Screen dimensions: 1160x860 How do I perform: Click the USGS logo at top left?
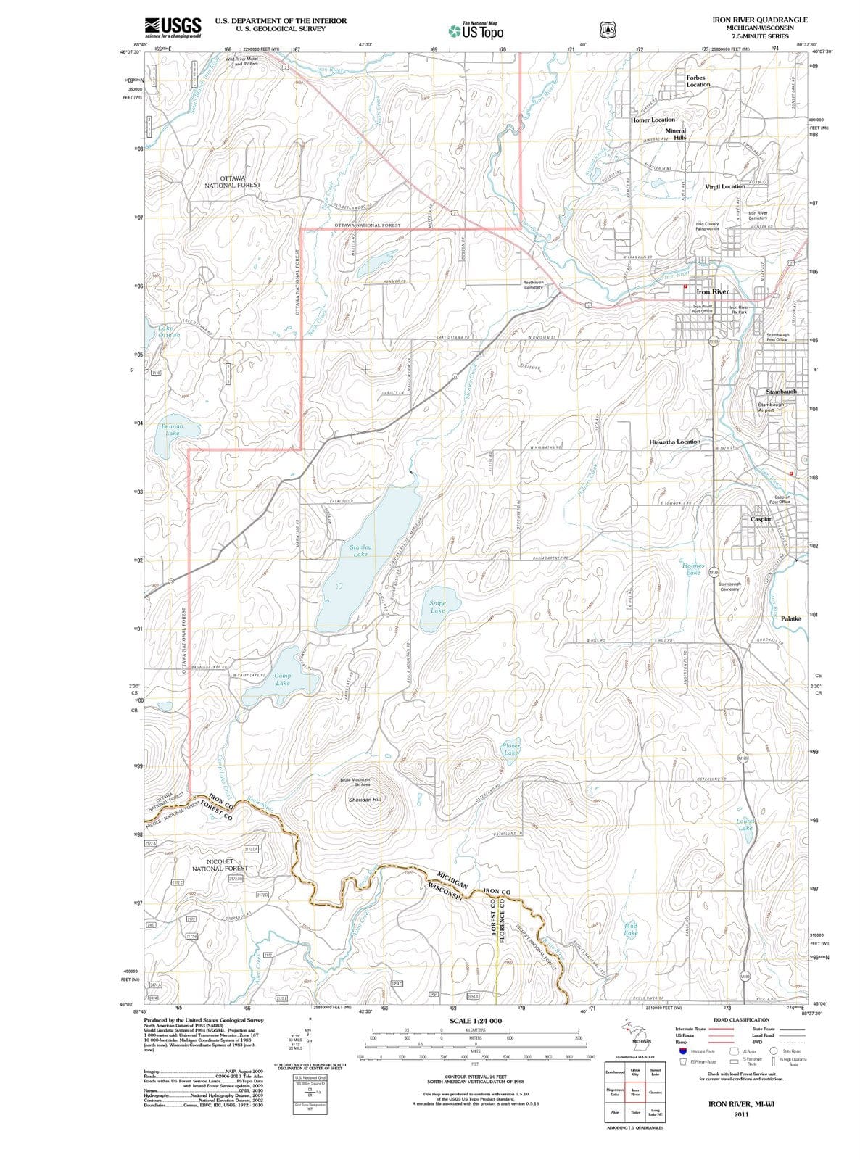click(x=173, y=28)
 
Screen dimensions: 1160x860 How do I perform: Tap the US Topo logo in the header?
click(x=475, y=31)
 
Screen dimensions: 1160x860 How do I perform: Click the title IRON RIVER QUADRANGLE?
click(x=759, y=20)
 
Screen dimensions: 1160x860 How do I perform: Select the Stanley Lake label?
click(x=360, y=550)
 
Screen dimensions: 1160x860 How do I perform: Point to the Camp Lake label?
click(x=283, y=679)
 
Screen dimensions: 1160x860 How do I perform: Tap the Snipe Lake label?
click(x=437, y=607)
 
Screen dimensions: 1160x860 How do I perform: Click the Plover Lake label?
click(x=511, y=749)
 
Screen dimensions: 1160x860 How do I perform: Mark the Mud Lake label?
click(x=631, y=929)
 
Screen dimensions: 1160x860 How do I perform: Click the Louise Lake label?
click(x=745, y=824)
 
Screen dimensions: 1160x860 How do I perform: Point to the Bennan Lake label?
click(x=173, y=430)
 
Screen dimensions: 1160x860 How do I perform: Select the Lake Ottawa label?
click(x=168, y=332)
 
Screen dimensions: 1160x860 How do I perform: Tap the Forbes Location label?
click(x=698, y=80)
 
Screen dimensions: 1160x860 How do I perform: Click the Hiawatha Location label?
click(x=675, y=442)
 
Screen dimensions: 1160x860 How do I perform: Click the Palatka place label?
click(x=791, y=618)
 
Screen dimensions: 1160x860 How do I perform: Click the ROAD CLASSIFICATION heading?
click(x=741, y=1019)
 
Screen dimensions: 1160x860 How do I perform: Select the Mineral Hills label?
click(x=675, y=134)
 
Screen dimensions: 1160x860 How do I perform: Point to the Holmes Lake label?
click(x=692, y=569)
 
